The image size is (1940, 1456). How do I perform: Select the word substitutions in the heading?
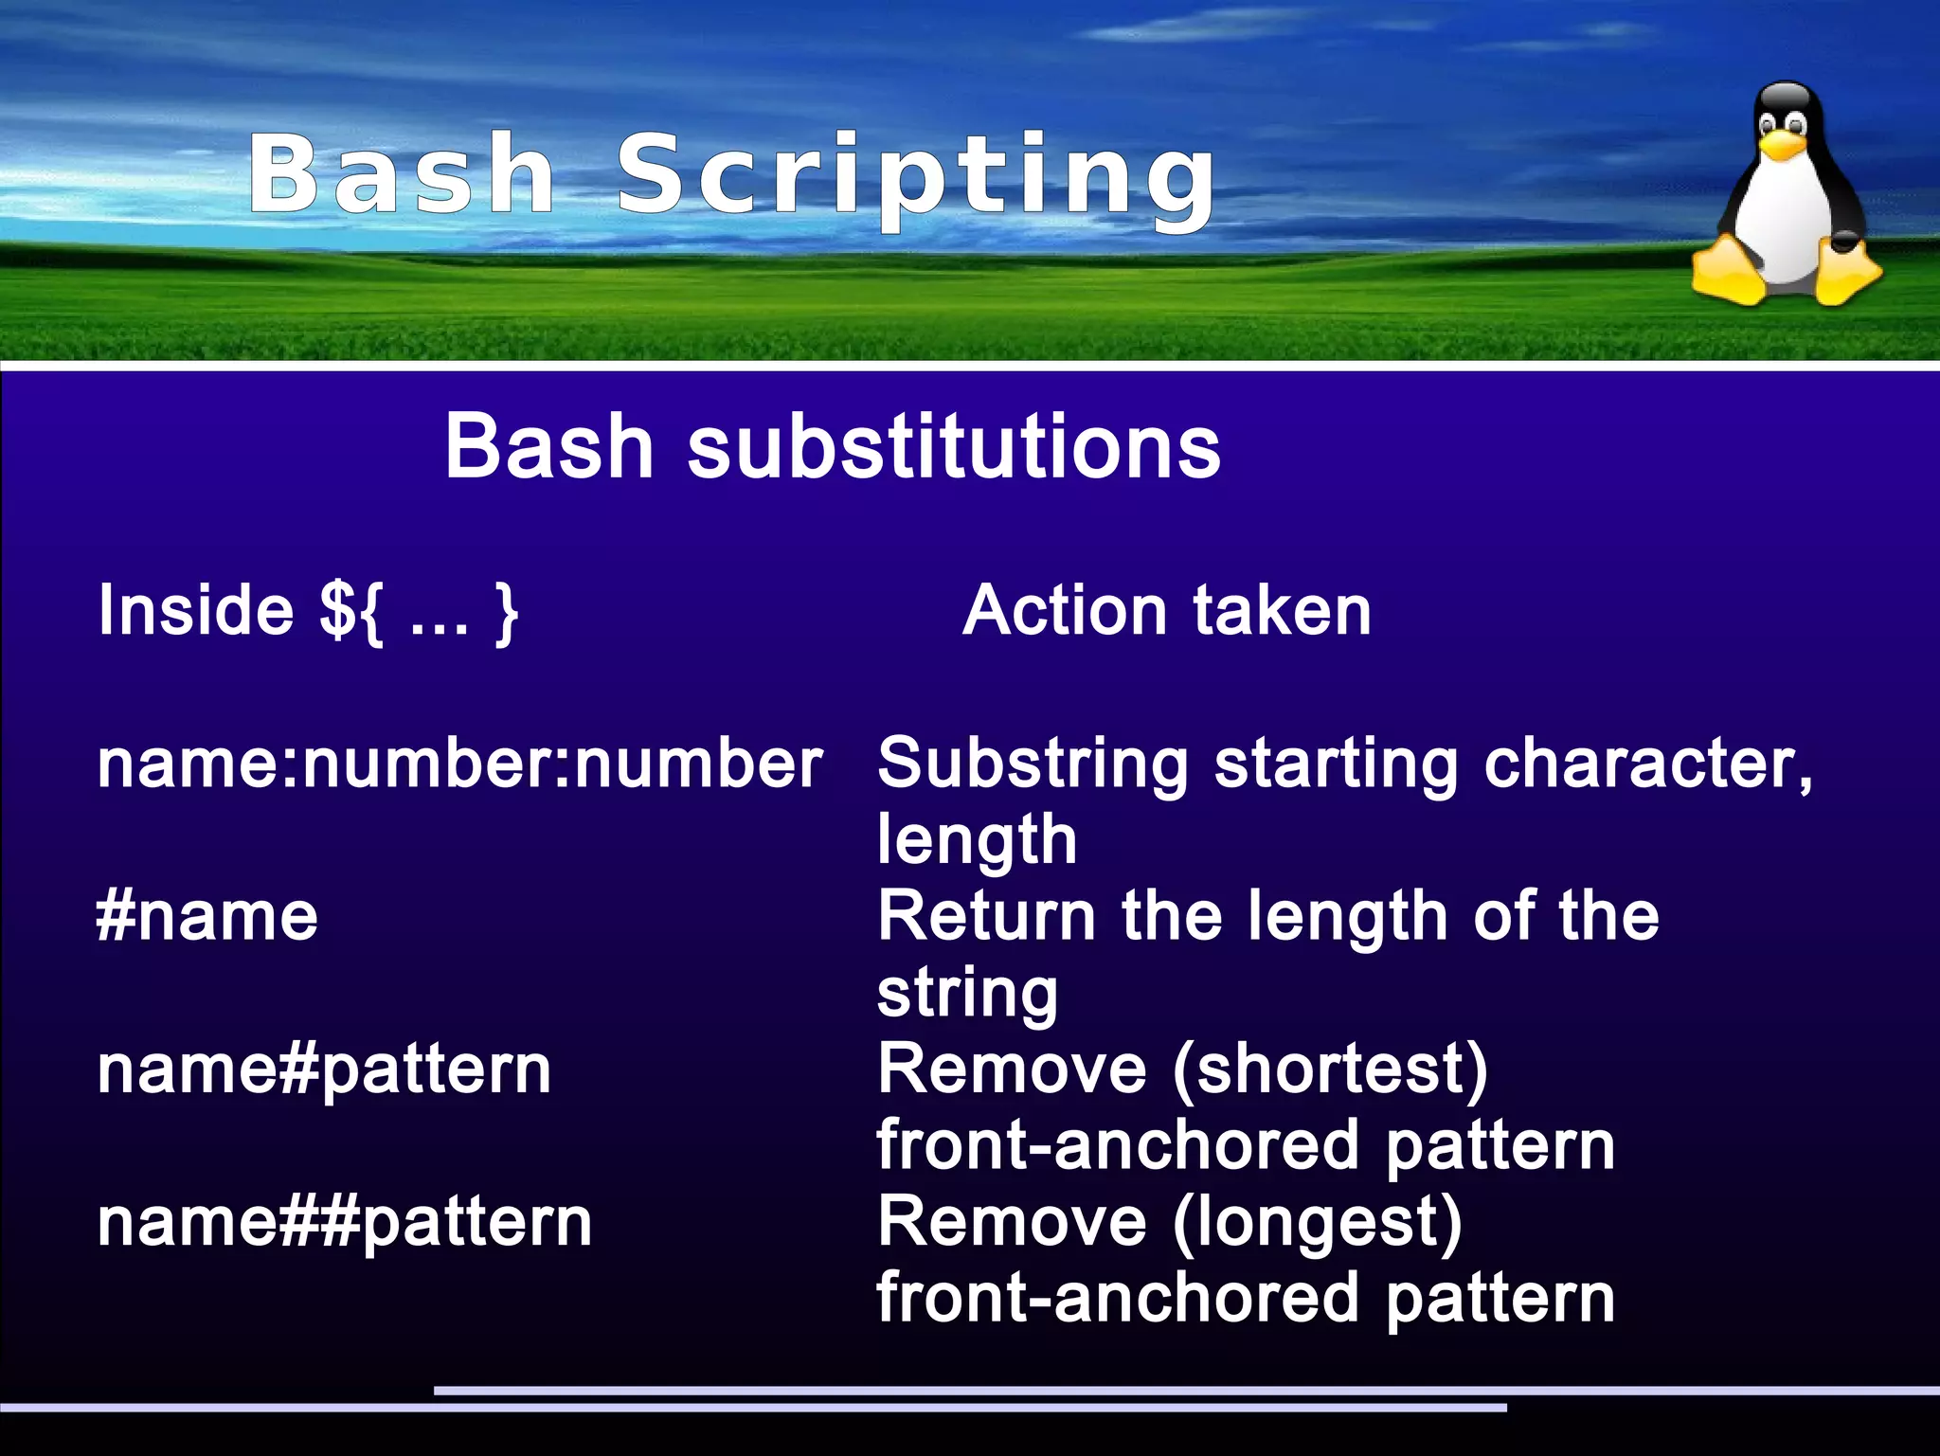coord(954,446)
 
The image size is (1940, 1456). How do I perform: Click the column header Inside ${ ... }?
coord(308,611)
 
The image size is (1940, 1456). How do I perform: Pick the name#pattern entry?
coord(324,1070)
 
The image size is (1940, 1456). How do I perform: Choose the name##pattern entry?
coord(345,1222)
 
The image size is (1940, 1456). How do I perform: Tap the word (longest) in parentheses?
coord(1317,1222)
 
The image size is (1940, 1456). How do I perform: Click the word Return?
coord(986,916)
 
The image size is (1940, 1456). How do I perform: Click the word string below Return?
coord(967,994)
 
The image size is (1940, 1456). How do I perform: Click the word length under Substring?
coord(977,840)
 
